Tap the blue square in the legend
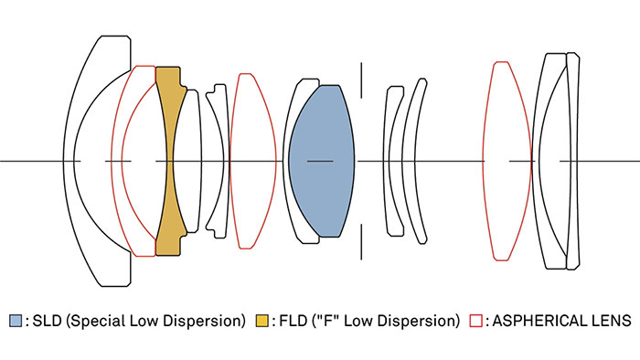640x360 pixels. (x=16, y=321)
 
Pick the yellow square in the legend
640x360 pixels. (x=262, y=321)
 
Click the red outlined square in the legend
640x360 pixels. (x=476, y=321)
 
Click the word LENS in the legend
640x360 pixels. (x=610, y=321)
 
